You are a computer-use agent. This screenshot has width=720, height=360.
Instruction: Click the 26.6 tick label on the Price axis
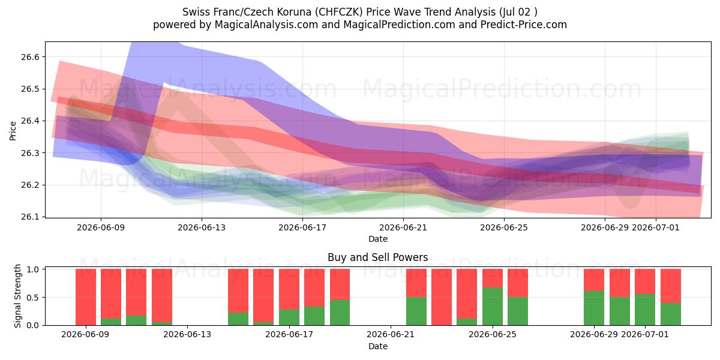click(30, 57)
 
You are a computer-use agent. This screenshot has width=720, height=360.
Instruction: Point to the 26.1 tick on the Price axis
click(30, 217)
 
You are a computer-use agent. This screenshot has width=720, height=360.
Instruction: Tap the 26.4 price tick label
click(30, 121)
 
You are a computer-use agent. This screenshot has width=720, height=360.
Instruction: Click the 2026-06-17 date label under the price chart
click(302, 227)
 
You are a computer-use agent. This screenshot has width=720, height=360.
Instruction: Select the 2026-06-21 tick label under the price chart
click(403, 227)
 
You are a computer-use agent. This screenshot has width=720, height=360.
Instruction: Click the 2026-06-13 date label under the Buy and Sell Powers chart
click(187, 334)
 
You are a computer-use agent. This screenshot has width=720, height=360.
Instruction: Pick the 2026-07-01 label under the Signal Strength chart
click(645, 334)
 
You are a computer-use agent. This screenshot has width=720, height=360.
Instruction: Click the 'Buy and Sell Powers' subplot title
click(377, 257)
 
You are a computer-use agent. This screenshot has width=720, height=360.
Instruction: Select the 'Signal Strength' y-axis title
click(17, 296)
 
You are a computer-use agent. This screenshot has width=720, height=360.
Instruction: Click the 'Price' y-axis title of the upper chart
click(13, 131)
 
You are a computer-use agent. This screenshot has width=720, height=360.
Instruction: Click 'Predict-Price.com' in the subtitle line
click(524, 25)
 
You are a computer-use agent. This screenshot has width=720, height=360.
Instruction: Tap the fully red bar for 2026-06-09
click(86, 297)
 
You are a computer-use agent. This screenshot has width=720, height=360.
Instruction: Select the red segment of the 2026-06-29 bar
click(594, 280)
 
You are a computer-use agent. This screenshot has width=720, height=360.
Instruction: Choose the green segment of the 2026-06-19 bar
click(340, 313)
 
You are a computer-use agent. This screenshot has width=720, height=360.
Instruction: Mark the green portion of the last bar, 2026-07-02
click(671, 314)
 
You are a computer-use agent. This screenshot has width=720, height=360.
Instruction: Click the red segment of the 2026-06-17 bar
click(289, 289)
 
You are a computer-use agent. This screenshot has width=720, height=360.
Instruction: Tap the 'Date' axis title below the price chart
click(377, 239)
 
